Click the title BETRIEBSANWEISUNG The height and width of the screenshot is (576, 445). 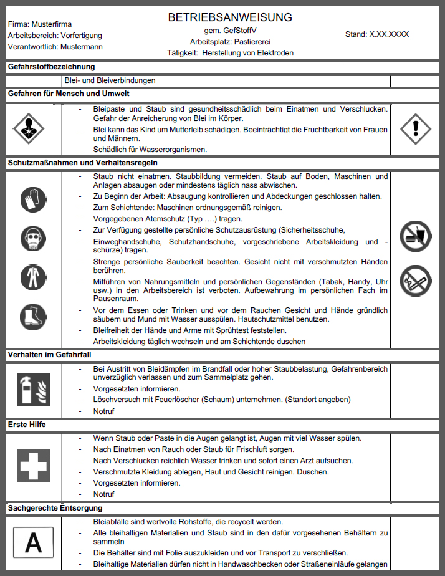(x=230, y=17)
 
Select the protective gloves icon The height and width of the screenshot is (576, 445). (x=33, y=200)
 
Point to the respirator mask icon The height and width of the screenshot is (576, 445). (x=33, y=238)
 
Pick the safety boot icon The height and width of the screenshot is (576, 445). (x=33, y=315)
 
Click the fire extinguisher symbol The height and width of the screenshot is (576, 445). (x=33, y=390)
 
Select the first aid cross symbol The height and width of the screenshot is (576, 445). (x=33, y=465)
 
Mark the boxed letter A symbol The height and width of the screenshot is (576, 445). (x=33, y=542)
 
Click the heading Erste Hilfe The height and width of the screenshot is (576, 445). (x=27, y=425)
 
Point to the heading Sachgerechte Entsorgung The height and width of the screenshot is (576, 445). (x=54, y=508)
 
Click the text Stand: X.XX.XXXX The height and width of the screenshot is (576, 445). (x=376, y=34)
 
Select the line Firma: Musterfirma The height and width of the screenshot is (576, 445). (x=40, y=24)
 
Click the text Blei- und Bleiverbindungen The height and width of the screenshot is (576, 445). (x=110, y=80)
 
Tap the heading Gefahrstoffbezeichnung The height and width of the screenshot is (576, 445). (x=51, y=66)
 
